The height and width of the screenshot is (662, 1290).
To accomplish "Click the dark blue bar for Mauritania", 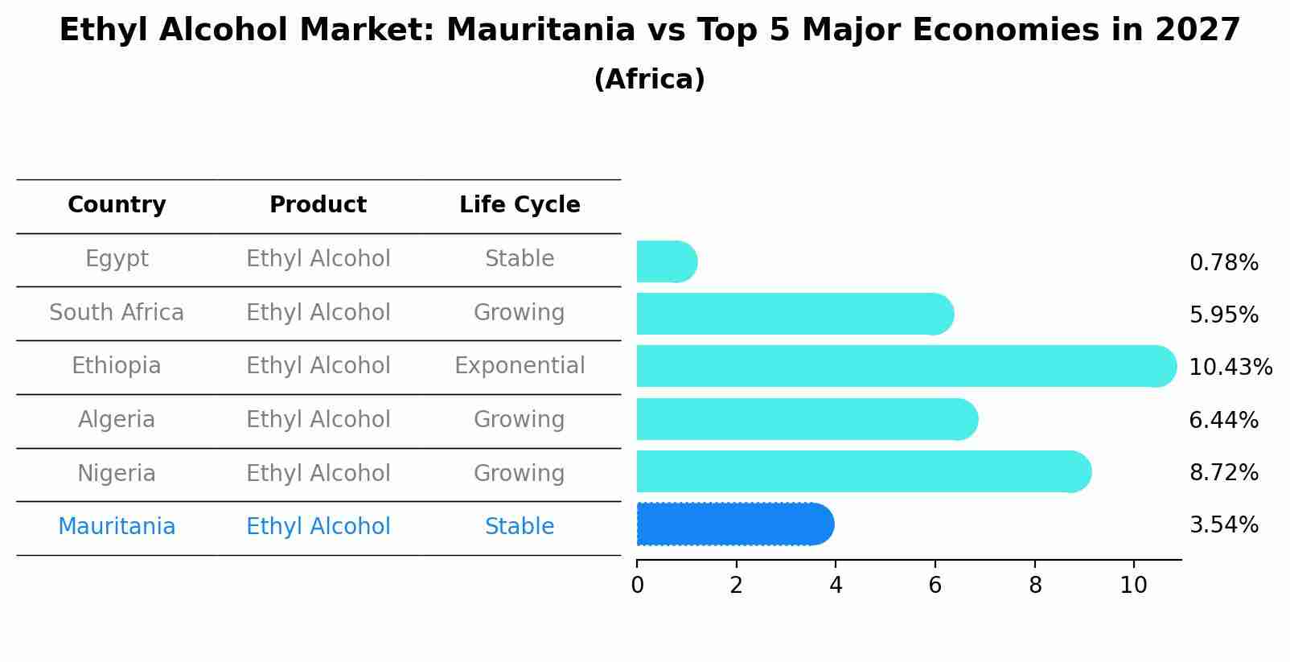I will (x=734, y=524).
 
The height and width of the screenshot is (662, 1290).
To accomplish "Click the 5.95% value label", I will (x=1223, y=315).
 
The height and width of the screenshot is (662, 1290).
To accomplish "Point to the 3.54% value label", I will (x=1223, y=524).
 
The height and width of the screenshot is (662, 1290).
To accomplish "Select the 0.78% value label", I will (x=1223, y=262).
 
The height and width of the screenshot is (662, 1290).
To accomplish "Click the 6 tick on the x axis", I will (x=935, y=585).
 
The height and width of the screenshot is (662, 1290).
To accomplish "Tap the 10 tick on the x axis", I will (x=1133, y=585).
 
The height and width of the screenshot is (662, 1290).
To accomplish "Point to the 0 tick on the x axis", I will (x=637, y=585).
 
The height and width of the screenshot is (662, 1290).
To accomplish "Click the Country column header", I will (x=117, y=205).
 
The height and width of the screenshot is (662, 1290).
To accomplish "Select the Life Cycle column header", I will (x=520, y=205).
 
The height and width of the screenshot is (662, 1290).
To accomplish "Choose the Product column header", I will (x=318, y=205).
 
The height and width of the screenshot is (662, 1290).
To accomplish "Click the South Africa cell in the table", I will (x=117, y=312).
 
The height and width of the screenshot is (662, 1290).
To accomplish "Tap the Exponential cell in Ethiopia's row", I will (x=520, y=366).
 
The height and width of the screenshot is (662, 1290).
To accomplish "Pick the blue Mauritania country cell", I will (x=117, y=526).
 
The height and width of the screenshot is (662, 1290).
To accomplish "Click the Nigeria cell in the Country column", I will (x=117, y=473).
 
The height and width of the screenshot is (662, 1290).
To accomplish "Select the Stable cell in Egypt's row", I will (x=520, y=259).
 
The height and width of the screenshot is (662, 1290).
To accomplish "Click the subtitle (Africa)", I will (x=649, y=80).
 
